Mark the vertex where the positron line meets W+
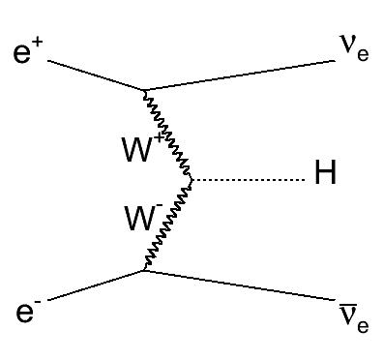tap(145, 92)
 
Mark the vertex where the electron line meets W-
tap(145, 270)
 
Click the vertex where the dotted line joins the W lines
tap(193, 180)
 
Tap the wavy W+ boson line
tap(169, 135)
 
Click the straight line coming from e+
tap(97, 76)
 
